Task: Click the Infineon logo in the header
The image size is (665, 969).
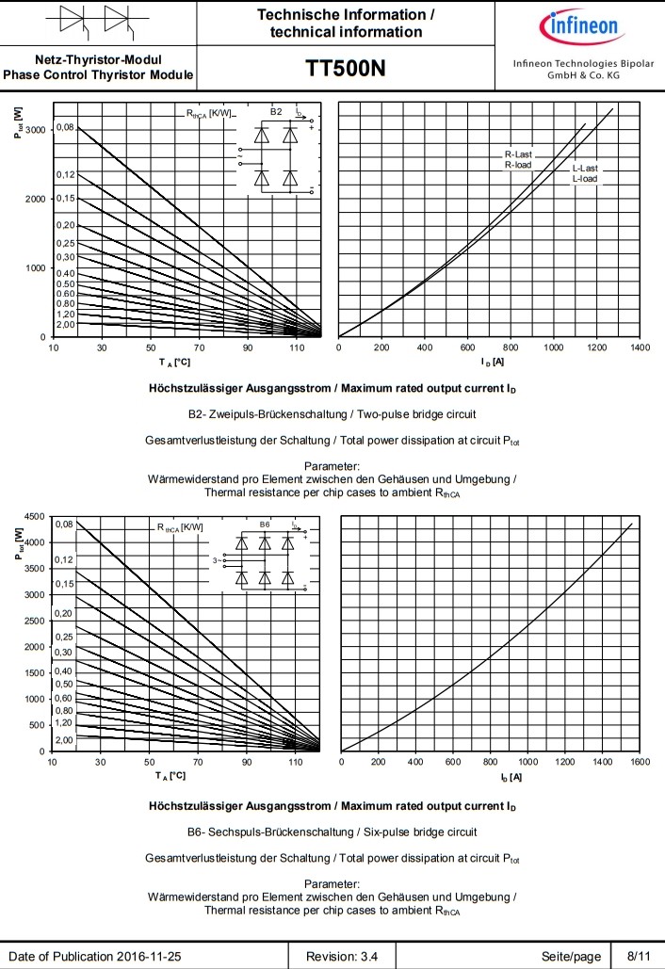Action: pos(577,25)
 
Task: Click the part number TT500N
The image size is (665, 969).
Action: pos(346,70)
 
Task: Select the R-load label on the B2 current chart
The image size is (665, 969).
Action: pos(517,165)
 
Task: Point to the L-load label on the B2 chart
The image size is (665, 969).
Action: pos(585,178)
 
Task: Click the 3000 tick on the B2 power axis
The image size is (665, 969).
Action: pos(34,130)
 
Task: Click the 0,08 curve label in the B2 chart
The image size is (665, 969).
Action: pos(65,127)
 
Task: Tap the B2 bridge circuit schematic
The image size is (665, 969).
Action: pos(278,150)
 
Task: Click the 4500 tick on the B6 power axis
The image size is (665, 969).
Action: pos(33,516)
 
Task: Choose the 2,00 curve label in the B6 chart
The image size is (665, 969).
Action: pos(64,740)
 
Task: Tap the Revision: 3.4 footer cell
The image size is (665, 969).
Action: pos(344,957)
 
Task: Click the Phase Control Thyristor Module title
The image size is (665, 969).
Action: pos(99,74)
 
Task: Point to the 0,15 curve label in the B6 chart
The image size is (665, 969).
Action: pos(64,584)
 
